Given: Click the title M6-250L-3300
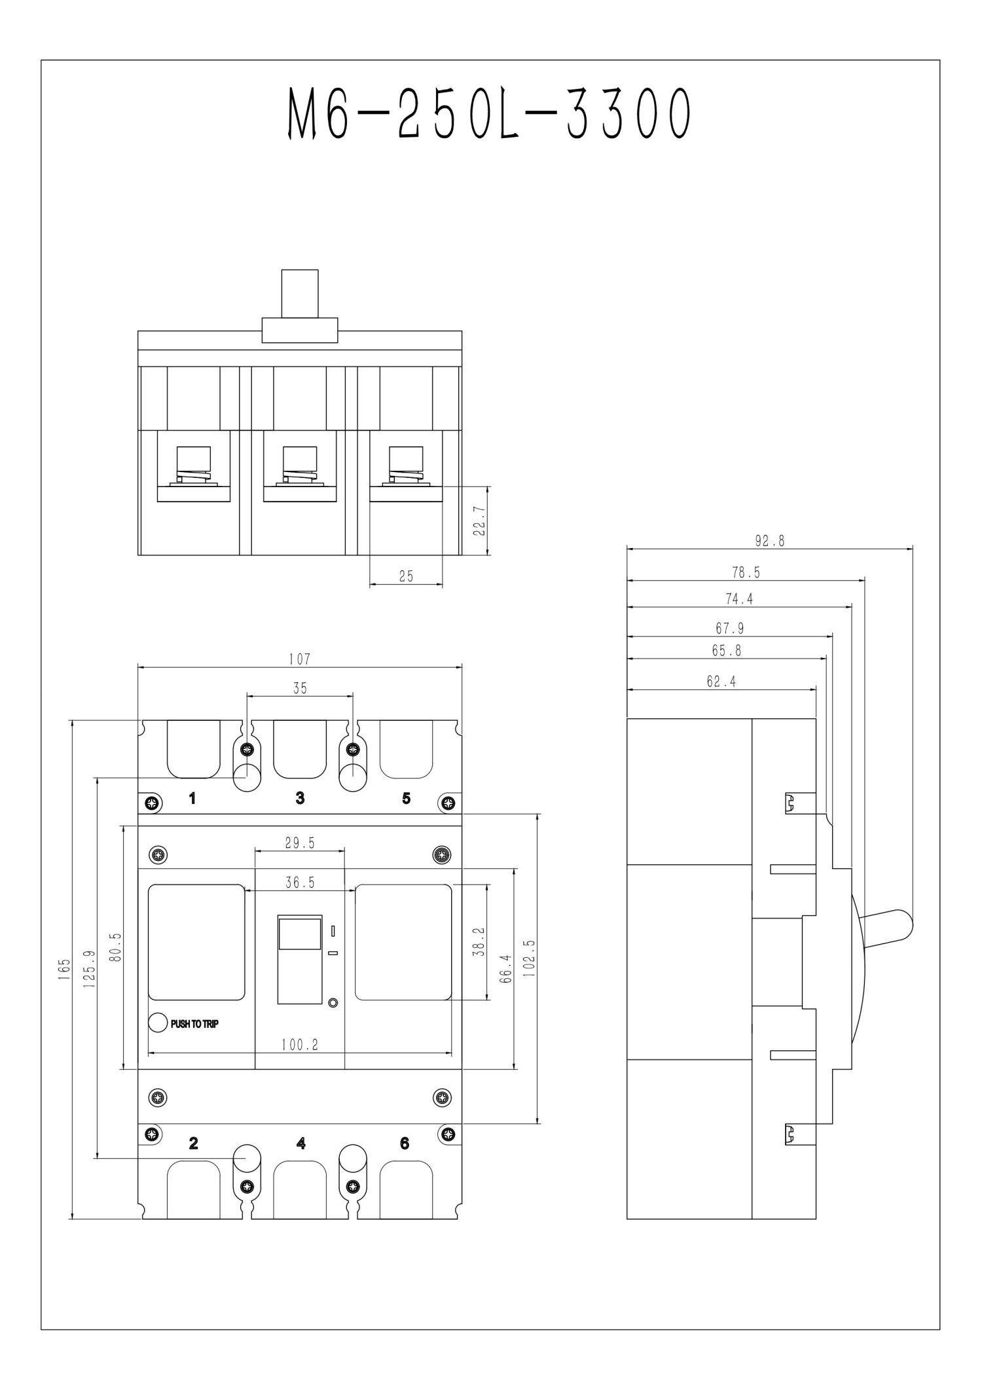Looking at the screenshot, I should coord(490,115).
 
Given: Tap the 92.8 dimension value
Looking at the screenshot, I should coord(769,541).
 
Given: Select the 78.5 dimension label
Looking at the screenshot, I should coord(746,573).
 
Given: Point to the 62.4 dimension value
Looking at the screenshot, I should coord(721,682).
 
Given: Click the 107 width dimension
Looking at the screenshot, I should coord(299,659).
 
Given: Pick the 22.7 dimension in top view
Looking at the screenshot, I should coord(479,520).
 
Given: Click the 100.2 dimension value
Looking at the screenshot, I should coord(300,1045).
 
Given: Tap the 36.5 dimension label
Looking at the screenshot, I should coord(300,883).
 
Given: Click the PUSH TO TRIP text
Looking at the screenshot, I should coord(194,1024).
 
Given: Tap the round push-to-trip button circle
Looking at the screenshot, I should coord(158,1023).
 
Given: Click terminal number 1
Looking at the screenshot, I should coord(192,798).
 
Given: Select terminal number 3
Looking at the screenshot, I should coord(300,798).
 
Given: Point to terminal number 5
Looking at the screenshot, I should coord(407,798).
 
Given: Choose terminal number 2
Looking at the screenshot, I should coord(193,1143).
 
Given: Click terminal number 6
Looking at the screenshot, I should coord(405,1143).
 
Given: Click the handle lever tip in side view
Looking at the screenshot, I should coord(903,924).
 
